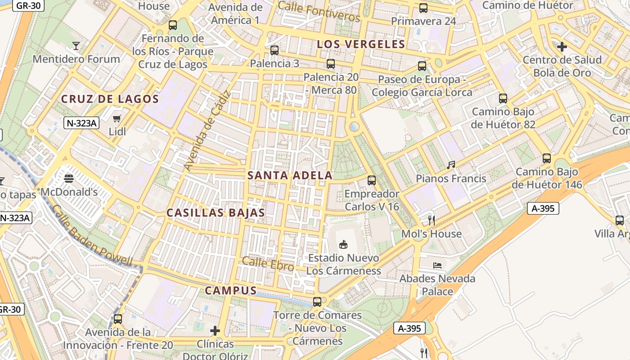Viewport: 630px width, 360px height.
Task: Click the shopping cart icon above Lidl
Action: pyautogui.click(x=117, y=119)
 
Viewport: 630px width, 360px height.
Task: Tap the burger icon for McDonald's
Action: pyautogui.click(x=69, y=179)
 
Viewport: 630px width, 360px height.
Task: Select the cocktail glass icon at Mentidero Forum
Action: pyautogui.click(x=76, y=46)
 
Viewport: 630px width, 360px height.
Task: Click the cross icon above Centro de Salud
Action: pyautogui.click(x=562, y=47)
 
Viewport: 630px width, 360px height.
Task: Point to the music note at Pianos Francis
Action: pyautogui.click(x=451, y=165)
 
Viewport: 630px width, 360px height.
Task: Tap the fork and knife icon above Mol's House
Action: pyautogui.click(x=432, y=220)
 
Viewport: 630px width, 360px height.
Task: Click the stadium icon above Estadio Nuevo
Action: pyautogui.click(x=343, y=244)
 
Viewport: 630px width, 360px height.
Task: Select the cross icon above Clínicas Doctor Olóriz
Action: pyautogui.click(x=215, y=331)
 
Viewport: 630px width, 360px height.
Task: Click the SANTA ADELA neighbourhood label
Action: pyautogui.click(x=290, y=175)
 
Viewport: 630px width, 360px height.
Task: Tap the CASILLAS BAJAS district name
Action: pyautogui.click(x=216, y=213)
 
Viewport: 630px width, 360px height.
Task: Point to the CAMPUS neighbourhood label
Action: pyautogui.click(x=231, y=291)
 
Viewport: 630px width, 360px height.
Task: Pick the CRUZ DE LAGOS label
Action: pyautogui.click(x=110, y=99)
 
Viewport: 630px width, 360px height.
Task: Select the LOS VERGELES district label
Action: pyautogui.click(x=361, y=44)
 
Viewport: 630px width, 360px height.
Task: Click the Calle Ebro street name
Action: pyautogui.click(x=268, y=264)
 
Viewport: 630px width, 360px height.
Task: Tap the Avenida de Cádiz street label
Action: pyautogui.click(x=207, y=131)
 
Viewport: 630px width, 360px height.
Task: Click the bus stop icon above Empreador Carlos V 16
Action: pyautogui.click(x=372, y=180)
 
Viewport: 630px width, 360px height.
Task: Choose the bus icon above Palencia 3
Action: pyautogui.click(x=274, y=50)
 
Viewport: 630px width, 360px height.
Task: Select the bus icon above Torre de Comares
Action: pyautogui.click(x=317, y=301)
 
